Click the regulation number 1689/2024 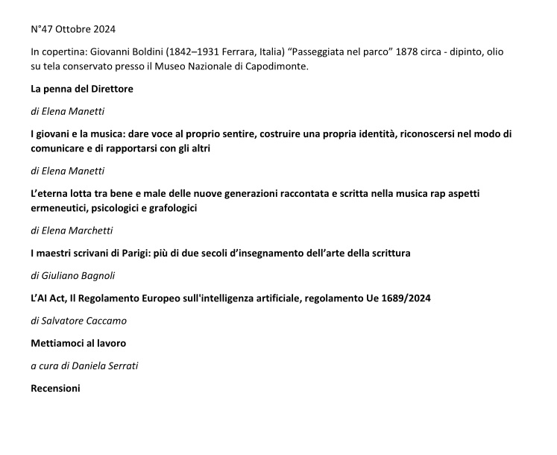pos(406,298)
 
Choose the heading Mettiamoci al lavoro pos(78,343)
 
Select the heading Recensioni pos(55,388)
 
